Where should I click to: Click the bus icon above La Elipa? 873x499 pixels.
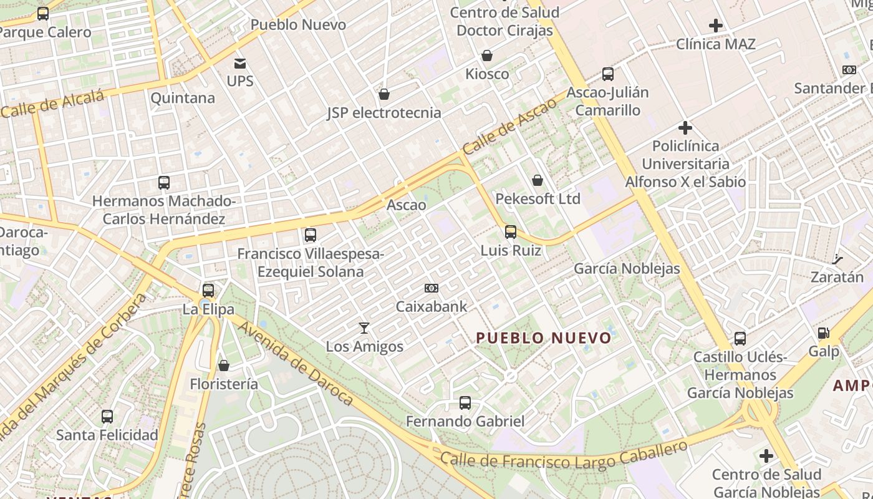pos(208,291)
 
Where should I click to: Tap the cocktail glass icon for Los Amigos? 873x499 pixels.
pos(364,327)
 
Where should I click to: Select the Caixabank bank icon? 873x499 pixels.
pos(431,288)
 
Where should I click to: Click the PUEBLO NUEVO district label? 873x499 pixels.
pos(544,338)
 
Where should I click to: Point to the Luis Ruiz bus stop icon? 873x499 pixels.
pos(511,232)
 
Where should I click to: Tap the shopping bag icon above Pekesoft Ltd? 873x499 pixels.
pos(538,181)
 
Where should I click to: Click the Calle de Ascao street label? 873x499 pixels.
pos(509,127)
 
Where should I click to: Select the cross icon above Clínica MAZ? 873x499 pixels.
pos(716,26)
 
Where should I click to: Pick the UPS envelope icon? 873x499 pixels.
pos(240,63)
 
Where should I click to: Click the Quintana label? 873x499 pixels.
pos(183,98)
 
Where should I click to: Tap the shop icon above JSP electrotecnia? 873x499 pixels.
pos(384,95)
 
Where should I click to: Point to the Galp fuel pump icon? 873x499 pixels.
pos(824,334)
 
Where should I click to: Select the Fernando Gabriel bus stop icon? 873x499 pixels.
pos(465,403)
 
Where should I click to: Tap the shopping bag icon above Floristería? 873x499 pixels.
pos(224,366)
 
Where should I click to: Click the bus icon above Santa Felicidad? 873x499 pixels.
pos(107,416)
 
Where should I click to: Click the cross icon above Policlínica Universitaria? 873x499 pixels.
pos(685,128)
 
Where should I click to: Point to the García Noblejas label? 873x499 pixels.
pos(627,269)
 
